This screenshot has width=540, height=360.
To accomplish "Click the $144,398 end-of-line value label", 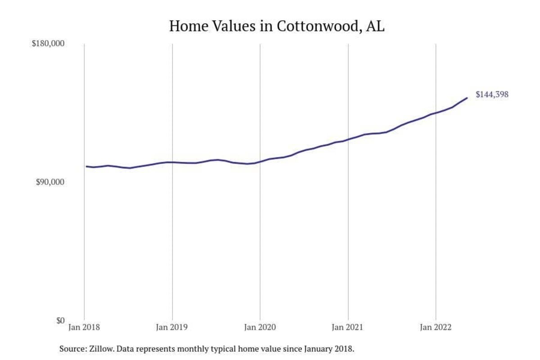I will click(492, 94).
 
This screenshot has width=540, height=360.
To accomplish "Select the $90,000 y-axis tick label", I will click(50, 182).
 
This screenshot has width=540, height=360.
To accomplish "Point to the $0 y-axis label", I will click(60, 320).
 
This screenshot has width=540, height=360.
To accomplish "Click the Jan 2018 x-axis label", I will click(85, 327).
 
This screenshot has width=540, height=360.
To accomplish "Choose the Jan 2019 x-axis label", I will click(172, 327).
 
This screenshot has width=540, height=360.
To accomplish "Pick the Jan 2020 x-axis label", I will click(260, 327).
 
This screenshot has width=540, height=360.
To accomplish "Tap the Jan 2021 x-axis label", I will click(348, 327).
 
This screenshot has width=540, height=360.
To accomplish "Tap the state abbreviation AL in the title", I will click(375, 26).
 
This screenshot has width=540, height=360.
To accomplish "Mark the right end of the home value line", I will click(467, 98).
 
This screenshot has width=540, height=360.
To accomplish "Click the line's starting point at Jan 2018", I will click(86, 166).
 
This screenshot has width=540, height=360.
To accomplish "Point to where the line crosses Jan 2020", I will click(260, 161).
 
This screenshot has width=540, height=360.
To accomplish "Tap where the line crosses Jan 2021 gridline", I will click(348, 139).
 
